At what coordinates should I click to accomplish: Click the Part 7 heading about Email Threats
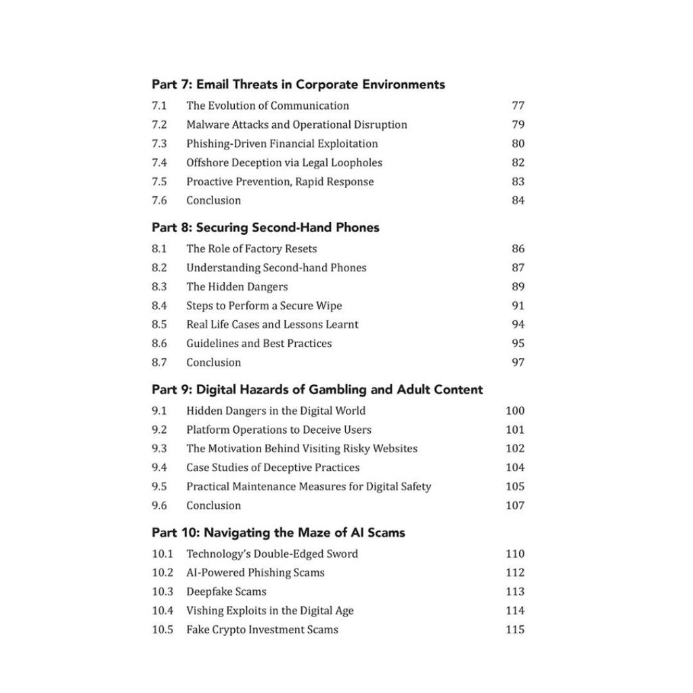(x=298, y=85)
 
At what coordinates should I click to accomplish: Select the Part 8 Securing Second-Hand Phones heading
(x=265, y=227)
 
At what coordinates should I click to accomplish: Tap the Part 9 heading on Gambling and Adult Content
(x=317, y=389)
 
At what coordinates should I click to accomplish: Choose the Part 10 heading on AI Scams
(x=278, y=533)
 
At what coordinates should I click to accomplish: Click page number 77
(x=518, y=106)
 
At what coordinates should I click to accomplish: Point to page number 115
(x=515, y=629)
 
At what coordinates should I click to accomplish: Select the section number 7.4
(x=159, y=162)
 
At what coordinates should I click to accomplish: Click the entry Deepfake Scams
(x=226, y=591)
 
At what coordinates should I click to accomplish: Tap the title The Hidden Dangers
(x=237, y=286)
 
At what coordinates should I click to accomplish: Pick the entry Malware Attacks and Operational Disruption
(x=296, y=125)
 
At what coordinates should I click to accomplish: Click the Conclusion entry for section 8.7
(x=213, y=362)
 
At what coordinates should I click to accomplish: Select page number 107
(x=515, y=505)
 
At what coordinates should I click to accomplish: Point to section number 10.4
(x=162, y=610)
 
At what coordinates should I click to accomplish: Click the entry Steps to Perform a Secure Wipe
(x=264, y=305)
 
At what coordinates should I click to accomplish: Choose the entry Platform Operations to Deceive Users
(x=279, y=429)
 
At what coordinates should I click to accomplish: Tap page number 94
(x=518, y=324)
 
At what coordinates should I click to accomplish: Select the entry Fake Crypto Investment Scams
(x=262, y=629)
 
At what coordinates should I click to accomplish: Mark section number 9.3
(x=159, y=448)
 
